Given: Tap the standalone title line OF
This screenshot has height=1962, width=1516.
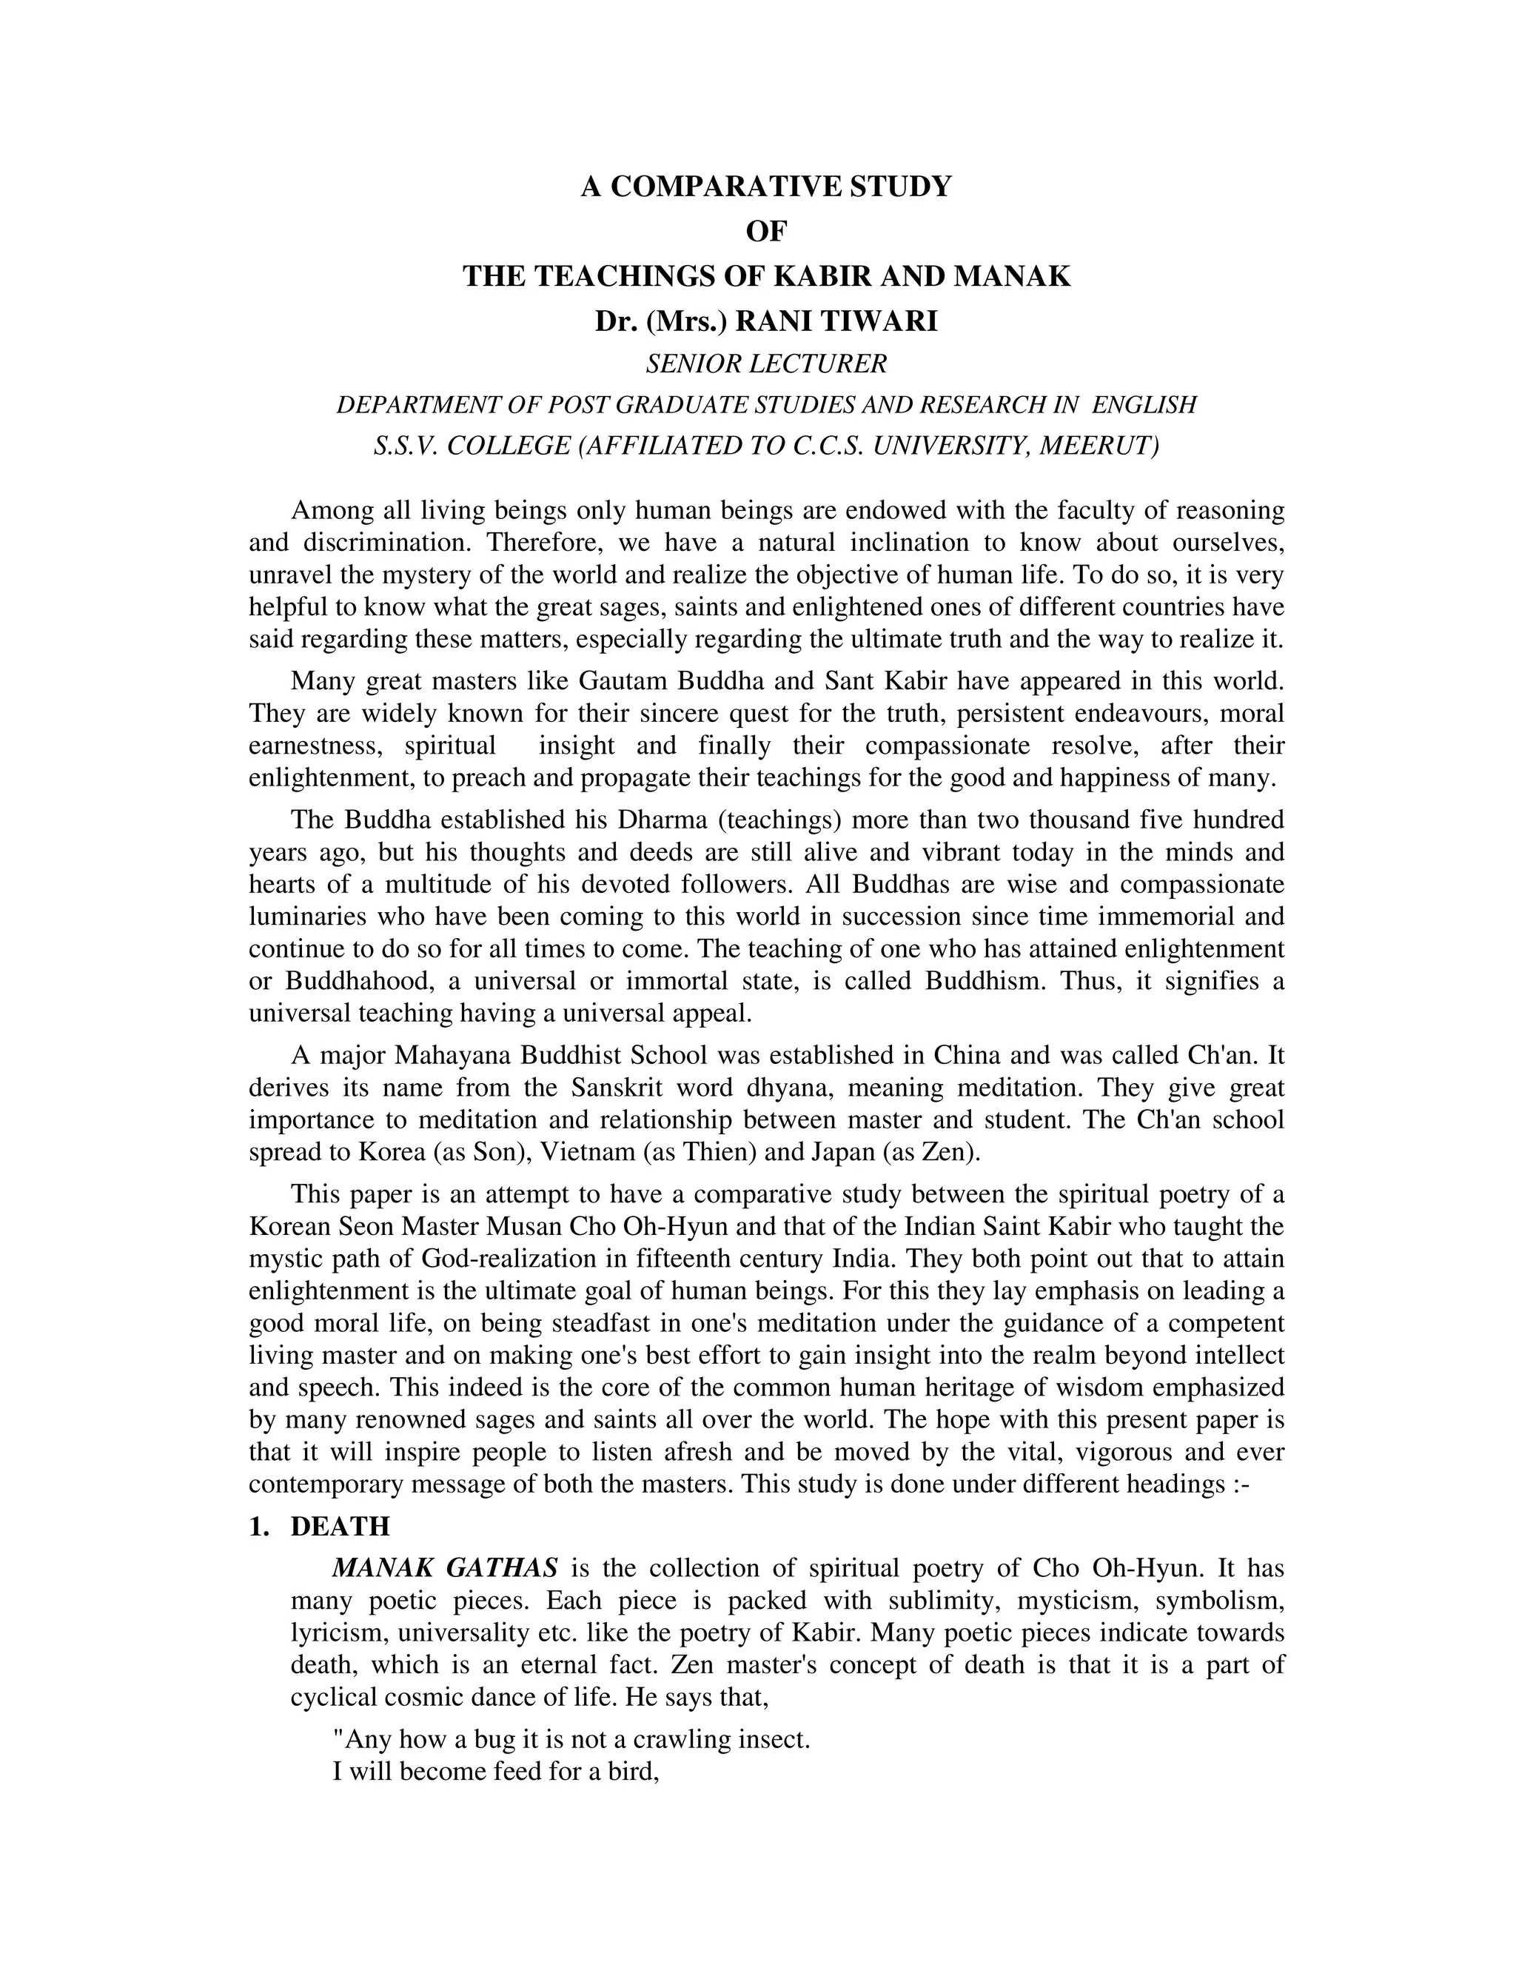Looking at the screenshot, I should click(x=766, y=232).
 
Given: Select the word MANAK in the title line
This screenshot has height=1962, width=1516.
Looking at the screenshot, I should click(x=1011, y=276).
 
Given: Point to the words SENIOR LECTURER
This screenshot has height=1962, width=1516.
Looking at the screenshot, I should click(x=766, y=364).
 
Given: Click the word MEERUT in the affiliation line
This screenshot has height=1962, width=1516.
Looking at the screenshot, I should click(x=1096, y=446).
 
